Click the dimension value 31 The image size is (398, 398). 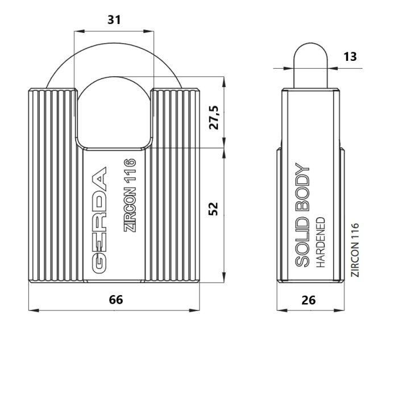click(x=114, y=20)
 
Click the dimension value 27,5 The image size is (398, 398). click(x=214, y=118)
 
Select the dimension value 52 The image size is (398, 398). click(x=213, y=209)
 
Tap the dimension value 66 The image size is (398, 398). click(x=116, y=300)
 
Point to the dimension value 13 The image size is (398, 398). click(x=350, y=57)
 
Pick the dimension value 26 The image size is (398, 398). click(x=309, y=300)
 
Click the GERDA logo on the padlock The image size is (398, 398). click(x=99, y=221)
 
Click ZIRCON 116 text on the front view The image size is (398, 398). click(x=130, y=195)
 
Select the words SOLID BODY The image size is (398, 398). click(x=302, y=215)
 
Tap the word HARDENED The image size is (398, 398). click(x=321, y=242)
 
